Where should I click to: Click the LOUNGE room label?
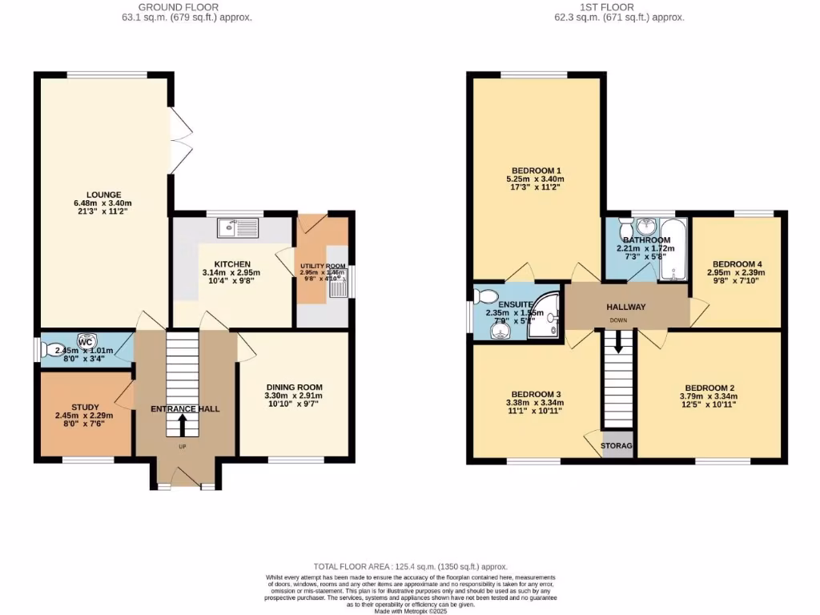103,194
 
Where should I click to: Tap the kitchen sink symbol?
239,228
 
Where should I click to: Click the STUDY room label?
84,406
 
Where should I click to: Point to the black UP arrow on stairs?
182,424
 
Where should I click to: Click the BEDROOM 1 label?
537,170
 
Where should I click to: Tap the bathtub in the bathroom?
673,249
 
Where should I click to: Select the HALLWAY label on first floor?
625,307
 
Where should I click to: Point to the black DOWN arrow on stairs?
617,342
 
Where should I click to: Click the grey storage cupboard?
617,446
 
